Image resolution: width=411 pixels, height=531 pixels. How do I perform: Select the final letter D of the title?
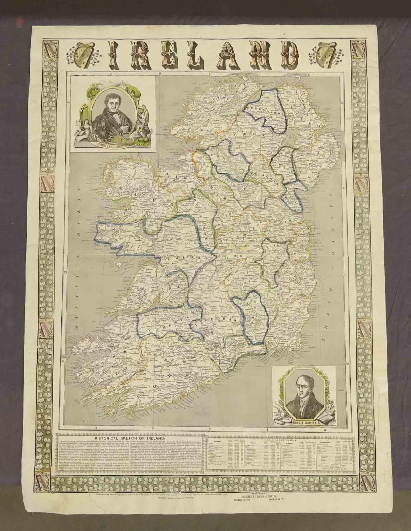pyautogui.click(x=289, y=54)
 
